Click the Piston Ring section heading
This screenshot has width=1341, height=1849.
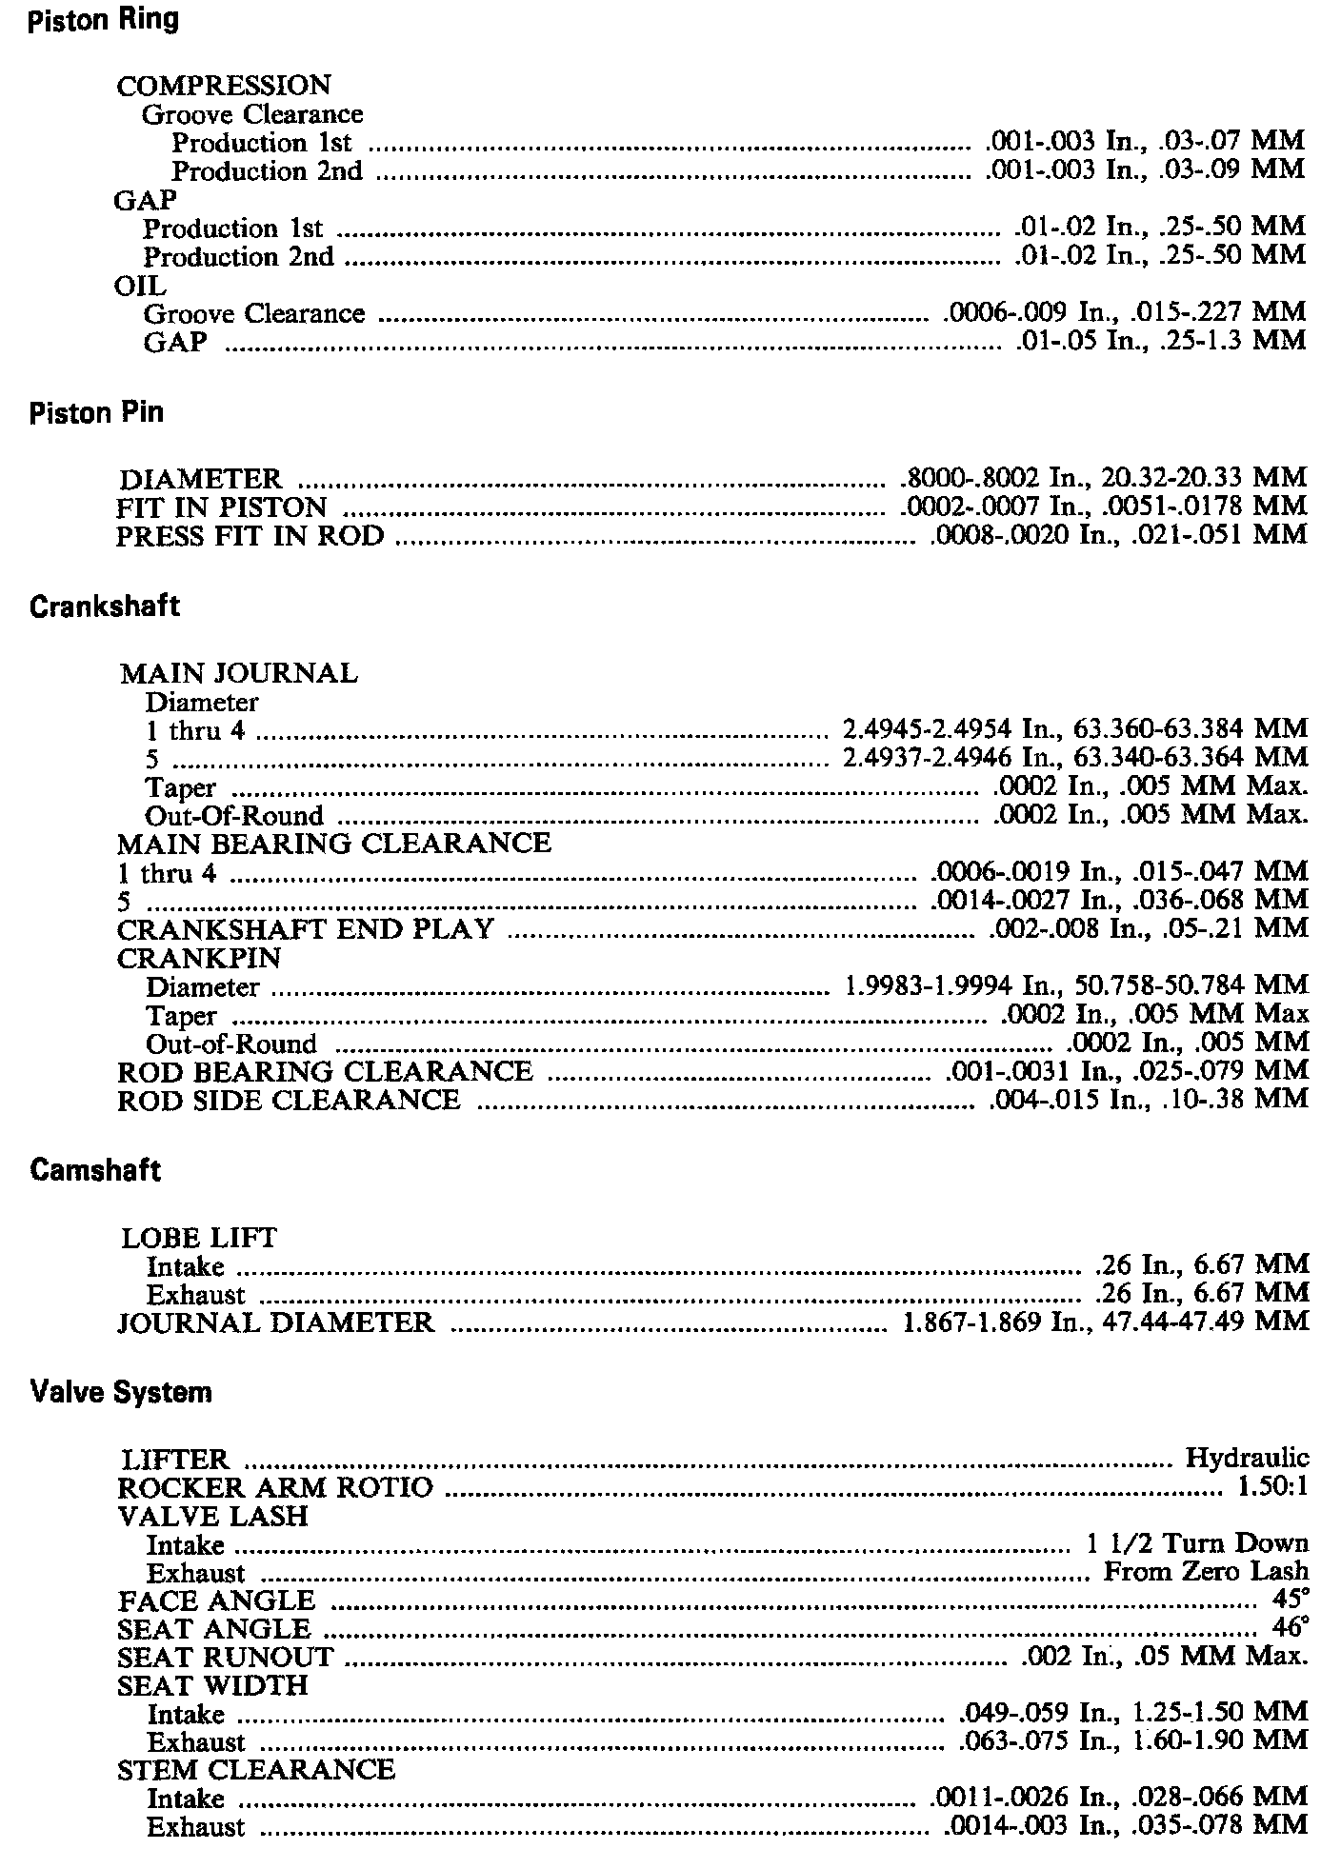click(x=104, y=20)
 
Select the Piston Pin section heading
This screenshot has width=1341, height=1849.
click(x=96, y=412)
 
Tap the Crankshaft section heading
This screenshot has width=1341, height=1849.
click(x=104, y=606)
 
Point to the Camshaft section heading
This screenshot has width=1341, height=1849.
click(x=95, y=1170)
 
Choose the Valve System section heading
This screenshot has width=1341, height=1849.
click(x=121, y=1392)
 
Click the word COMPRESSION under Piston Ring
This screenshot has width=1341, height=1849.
click(x=224, y=86)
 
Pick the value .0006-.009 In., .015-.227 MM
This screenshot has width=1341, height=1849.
click(x=1125, y=312)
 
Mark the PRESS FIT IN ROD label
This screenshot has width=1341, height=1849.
click(x=250, y=536)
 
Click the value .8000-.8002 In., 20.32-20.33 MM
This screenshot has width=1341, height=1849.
click(x=1104, y=478)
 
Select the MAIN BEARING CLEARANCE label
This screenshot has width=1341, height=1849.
click(x=334, y=844)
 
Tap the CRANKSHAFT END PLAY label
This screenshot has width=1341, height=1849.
click(x=306, y=929)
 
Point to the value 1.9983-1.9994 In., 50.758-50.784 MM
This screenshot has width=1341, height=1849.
click(x=1077, y=984)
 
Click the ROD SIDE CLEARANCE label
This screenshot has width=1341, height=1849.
click(x=289, y=1101)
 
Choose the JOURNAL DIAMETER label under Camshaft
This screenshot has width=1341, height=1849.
click(x=276, y=1322)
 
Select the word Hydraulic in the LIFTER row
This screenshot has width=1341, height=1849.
click(x=1247, y=1459)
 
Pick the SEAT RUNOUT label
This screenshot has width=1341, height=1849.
click(x=226, y=1658)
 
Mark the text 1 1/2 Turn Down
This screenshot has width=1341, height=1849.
click(x=1197, y=1543)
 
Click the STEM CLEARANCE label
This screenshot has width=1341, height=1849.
click(x=256, y=1769)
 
